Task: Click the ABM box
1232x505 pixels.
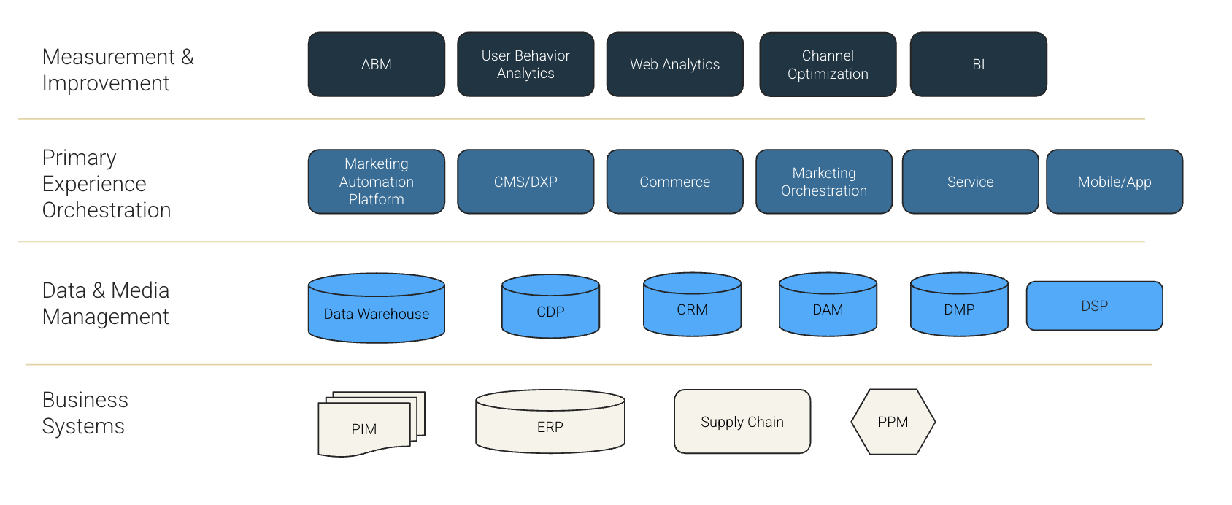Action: [x=376, y=64]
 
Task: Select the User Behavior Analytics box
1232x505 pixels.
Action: [x=525, y=64]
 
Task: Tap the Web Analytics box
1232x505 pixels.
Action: [x=674, y=64]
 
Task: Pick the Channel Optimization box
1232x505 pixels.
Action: [x=828, y=64]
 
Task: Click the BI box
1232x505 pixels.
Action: [x=978, y=64]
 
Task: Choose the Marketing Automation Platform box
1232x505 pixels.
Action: [x=376, y=182]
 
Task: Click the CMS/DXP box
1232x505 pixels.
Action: [x=525, y=182]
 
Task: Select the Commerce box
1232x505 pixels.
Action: [x=674, y=182]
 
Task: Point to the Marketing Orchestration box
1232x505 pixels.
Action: [x=824, y=182]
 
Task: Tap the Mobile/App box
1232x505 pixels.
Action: [x=1114, y=182]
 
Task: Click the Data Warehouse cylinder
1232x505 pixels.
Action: [x=376, y=309]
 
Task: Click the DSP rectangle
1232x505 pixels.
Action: [x=1094, y=306]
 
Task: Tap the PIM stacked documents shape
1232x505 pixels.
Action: [x=365, y=428]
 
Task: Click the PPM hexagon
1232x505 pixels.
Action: [x=893, y=422]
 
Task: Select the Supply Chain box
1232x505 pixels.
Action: [x=742, y=422]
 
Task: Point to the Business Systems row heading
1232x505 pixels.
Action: [x=85, y=413]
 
